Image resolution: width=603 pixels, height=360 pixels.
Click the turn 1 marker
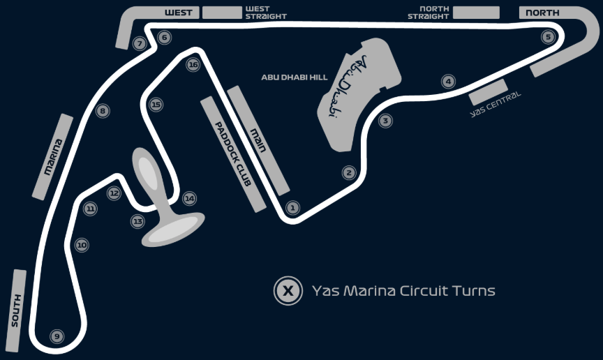(292, 208)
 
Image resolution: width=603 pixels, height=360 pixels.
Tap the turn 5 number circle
(548, 37)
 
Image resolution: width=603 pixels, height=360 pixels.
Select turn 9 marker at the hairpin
(57, 336)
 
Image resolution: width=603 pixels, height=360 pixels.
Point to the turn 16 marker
(193, 65)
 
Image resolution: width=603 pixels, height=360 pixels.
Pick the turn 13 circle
(137, 221)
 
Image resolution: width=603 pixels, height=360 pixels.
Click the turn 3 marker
(385, 121)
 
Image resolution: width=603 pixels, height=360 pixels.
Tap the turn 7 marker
(140, 43)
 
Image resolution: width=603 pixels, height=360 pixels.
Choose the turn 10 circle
(82, 245)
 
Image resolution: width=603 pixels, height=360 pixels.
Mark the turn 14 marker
(189, 198)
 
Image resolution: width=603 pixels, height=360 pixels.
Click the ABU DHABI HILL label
(295, 77)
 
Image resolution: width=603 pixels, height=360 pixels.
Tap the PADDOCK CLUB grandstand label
(233, 154)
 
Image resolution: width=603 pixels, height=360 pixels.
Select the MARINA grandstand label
(53, 157)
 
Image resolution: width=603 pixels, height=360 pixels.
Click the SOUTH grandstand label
(16, 310)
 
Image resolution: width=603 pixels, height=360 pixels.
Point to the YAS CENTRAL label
(496, 104)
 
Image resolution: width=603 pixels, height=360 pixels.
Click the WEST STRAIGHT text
(266, 13)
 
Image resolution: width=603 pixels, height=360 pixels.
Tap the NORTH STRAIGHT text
(429, 13)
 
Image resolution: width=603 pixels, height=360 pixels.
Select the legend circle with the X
(288, 291)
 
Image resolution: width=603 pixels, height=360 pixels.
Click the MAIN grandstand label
(258, 140)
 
